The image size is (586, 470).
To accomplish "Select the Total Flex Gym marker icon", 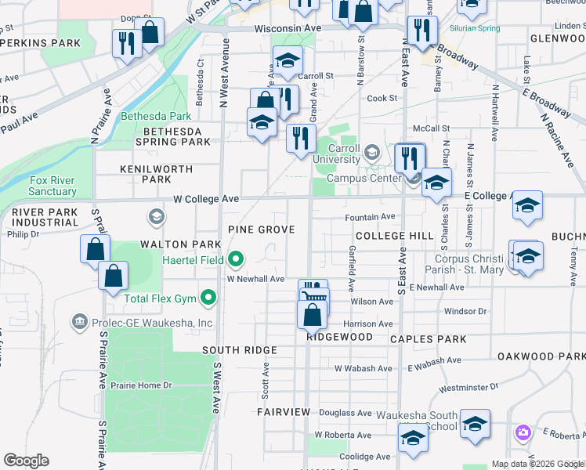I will tap(208, 298).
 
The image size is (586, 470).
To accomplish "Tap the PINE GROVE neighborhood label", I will tap(261, 230).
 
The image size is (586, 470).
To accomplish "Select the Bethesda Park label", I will tap(155, 117).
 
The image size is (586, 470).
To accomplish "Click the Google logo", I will tap(26, 461).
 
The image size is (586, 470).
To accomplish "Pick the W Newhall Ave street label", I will tap(255, 279).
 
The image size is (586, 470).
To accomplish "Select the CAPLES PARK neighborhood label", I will tap(433, 339).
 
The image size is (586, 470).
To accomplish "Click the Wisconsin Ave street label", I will tap(288, 28).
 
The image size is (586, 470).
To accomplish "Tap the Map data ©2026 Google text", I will tap(537, 464).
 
